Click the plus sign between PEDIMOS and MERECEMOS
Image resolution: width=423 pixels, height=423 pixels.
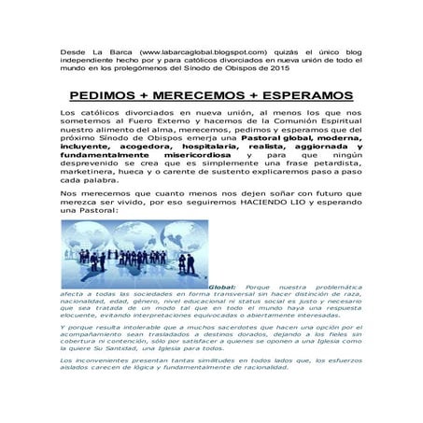(x=159, y=96)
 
